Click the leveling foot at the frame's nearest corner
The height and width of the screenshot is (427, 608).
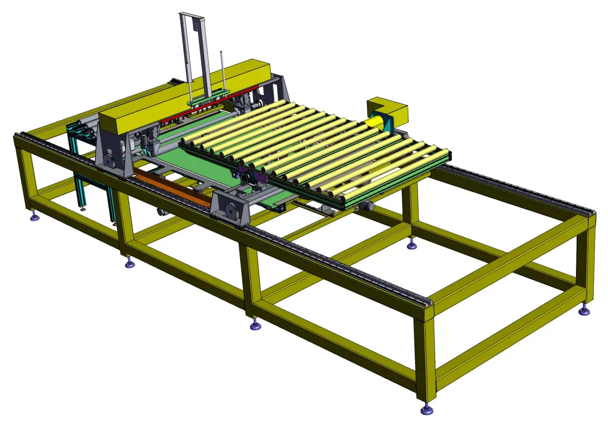pos(427,408)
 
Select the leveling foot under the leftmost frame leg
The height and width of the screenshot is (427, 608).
pos(34,217)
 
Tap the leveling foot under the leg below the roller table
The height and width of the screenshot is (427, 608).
pos(412,245)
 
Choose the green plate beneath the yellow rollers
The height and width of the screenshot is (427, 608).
pos(203,167)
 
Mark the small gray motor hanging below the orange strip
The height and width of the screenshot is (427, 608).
pos(161,213)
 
